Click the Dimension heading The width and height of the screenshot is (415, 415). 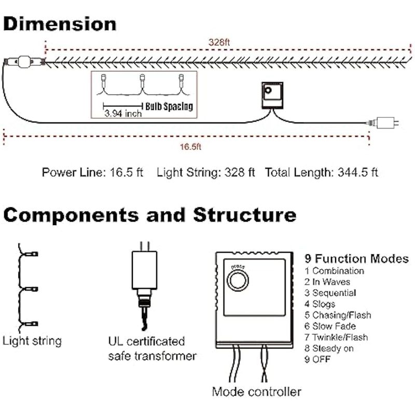[60, 24]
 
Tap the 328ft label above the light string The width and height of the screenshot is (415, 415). [218, 42]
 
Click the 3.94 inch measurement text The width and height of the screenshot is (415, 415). [122, 114]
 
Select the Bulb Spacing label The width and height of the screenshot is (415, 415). [169, 107]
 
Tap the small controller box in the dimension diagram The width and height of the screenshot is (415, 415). [270, 95]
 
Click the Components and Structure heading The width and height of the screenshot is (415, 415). [150, 214]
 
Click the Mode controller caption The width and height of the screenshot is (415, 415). [256, 391]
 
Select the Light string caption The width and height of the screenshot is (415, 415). [32, 341]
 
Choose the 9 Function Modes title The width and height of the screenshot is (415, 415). [356, 258]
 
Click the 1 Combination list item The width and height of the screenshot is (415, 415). [334, 271]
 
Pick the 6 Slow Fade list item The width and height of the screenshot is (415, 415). [330, 326]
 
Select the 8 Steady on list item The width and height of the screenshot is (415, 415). [329, 348]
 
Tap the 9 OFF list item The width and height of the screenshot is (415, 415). [317, 359]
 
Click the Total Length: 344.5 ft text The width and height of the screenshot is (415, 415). [322, 172]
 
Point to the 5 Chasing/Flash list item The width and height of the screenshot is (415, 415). [338, 315]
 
